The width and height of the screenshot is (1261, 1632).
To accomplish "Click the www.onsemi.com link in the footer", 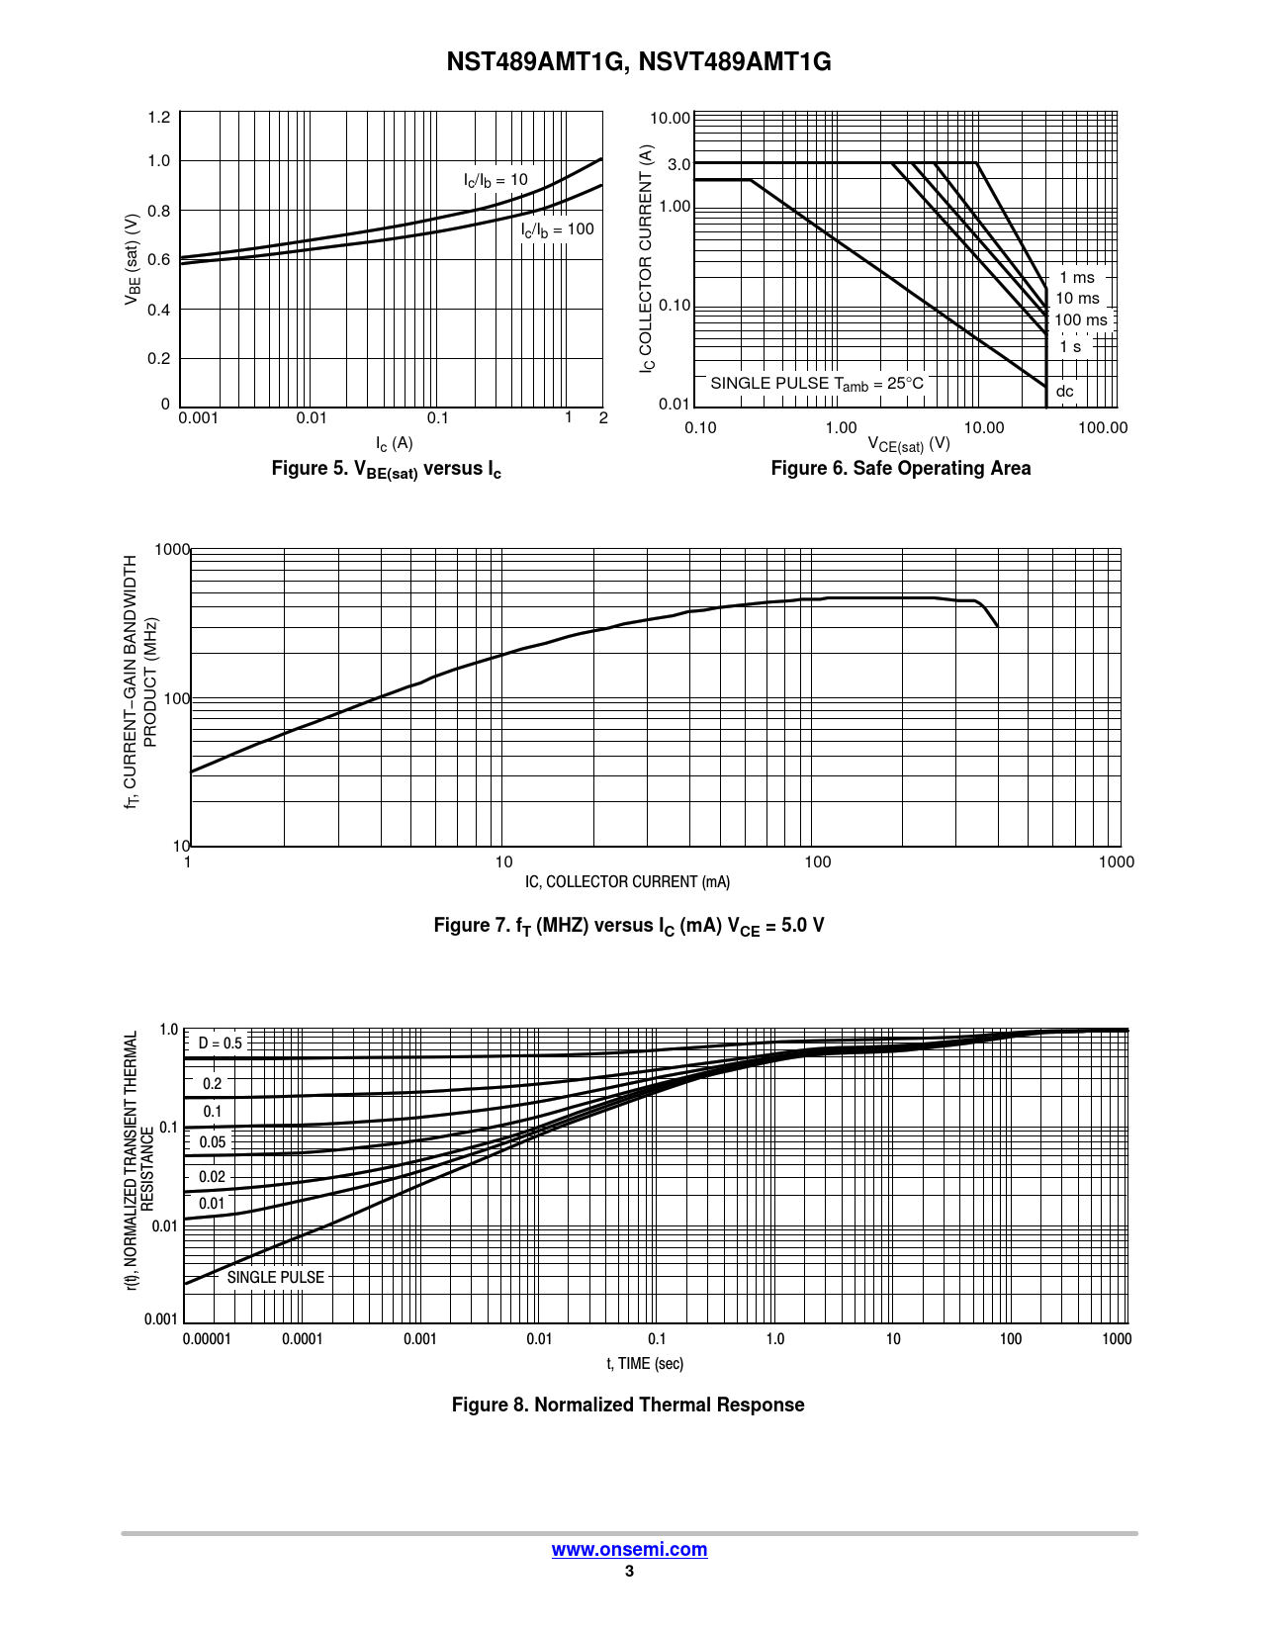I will [x=629, y=1549].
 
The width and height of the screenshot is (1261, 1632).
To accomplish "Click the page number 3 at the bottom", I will [x=629, y=1572].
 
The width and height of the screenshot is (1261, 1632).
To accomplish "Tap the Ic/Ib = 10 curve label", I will [x=495, y=180].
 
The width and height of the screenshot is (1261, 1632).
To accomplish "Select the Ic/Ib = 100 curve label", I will [x=558, y=229].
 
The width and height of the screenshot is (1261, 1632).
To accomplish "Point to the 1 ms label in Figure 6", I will [x=1077, y=278].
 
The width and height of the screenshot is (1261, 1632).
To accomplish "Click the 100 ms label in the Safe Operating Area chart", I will [x=1080, y=319].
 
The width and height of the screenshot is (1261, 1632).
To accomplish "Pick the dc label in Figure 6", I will [x=1064, y=391].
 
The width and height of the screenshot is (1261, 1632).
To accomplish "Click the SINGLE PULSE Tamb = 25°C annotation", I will [x=817, y=384].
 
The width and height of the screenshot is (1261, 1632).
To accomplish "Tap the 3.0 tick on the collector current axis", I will [x=678, y=164].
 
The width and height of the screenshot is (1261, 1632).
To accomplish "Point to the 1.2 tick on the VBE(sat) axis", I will [x=158, y=118].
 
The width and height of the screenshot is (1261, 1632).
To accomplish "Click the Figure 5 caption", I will [x=387, y=469].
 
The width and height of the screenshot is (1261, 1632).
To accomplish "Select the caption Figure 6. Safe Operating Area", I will [x=900, y=468].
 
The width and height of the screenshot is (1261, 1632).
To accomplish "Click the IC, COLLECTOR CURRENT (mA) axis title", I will [x=627, y=881].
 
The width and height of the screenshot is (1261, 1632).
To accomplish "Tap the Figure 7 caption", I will [x=629, y=926].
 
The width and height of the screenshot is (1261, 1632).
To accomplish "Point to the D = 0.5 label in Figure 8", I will [x=220, y=1043].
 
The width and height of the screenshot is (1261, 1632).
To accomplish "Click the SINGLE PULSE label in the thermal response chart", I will [x=275, y=1277].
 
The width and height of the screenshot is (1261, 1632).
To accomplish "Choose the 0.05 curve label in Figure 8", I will [x=213, y=1141].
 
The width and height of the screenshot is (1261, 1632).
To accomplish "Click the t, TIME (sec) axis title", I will [x=645, y=1363].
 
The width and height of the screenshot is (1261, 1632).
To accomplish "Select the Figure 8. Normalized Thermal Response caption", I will [x=628, y=1405].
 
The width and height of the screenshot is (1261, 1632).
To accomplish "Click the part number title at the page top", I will [x=639, y=62].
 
